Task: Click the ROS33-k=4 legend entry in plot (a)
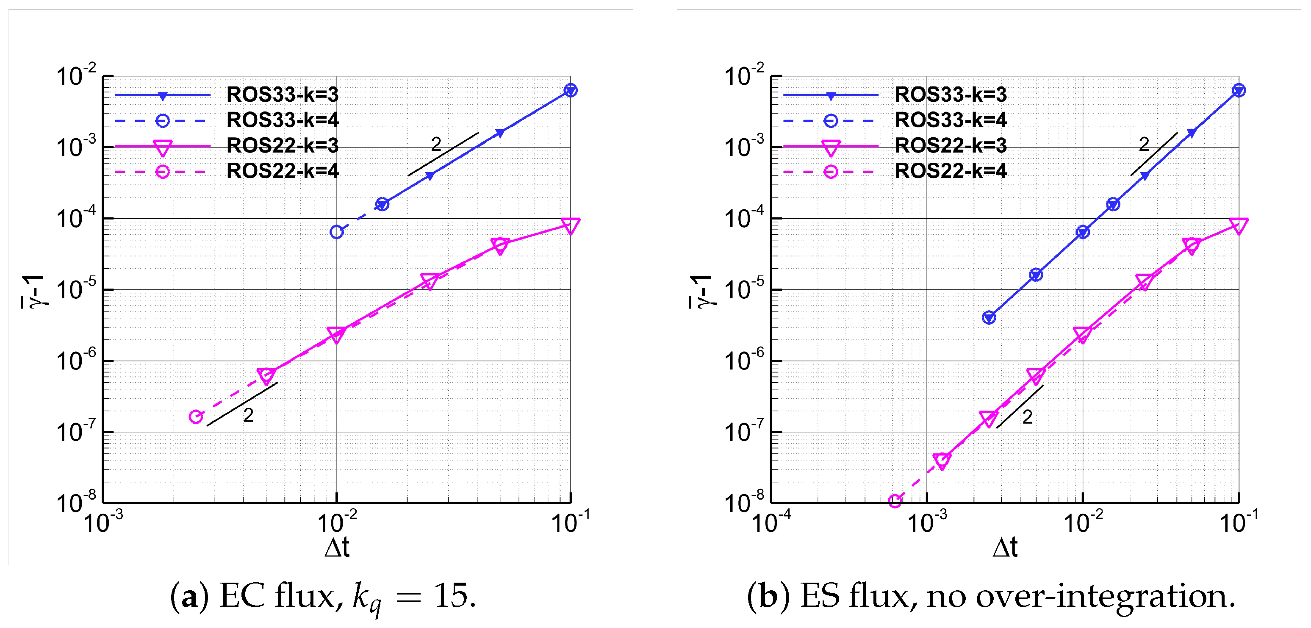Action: coord(282,120)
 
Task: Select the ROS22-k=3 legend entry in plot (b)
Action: coord(950,146)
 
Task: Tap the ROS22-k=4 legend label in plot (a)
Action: coord(282,171)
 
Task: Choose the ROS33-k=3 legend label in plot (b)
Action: coord(950,95)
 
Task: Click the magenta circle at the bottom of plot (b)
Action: coord(895,501)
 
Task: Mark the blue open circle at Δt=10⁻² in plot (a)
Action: coord(336,232)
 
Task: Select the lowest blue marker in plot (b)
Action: coord(989,318)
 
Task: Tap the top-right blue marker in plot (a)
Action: coord(571,91)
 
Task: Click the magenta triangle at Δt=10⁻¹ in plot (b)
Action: coord(1238,225)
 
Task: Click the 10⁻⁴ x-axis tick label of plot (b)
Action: coord(771,522)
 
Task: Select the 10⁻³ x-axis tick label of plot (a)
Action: coord(103,522)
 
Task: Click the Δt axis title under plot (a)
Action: coord(336,547)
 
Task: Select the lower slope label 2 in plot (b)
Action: coord(1027,417)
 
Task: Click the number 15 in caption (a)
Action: coord(450,595)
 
